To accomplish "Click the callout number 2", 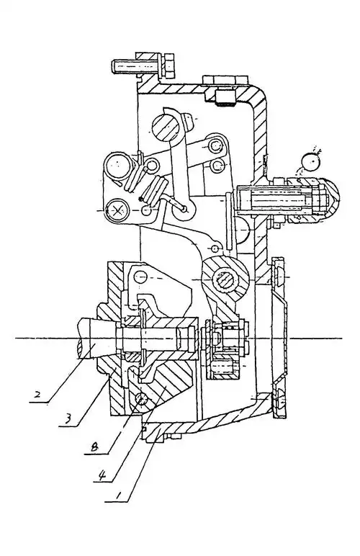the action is (38, 394).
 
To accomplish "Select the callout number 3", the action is (68, 418).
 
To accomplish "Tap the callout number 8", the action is (94, 447).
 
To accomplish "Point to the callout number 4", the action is (102, 475).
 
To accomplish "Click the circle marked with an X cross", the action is (117, 210).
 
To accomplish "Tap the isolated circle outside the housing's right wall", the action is (311, 163).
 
